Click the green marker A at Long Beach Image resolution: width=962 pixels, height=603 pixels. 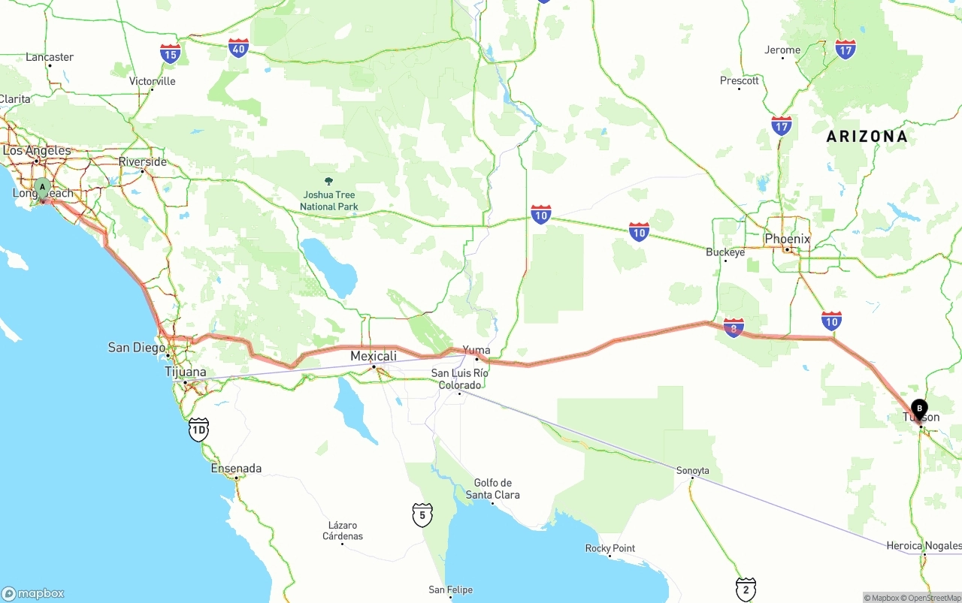pyautogui.click(x=43, y=187)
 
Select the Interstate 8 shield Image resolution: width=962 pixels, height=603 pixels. pyautogui.click(x=734, y=327)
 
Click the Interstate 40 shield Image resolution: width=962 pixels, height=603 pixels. pyautogui.click(x=239, y=48)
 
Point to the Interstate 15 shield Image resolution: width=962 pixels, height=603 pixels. pyautogui.click(x=170, y=53)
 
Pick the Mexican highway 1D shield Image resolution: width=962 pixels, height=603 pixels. pyautogui.click(x=198, y=430)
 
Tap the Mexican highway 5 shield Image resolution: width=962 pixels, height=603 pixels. pyautogui.click(x=422, y=515)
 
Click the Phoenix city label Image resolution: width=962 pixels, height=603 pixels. pyautogui.click(x=788, y=239)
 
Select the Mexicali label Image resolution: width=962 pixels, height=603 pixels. pyautogui.click(x=374, y=356)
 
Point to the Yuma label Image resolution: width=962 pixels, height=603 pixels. pyautogui.click(x=476, y=350)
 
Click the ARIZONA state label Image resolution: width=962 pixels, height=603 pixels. pyautogui.click(x=867, y=137)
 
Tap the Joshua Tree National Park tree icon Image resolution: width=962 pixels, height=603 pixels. pyautogui.click(x=328, y=181)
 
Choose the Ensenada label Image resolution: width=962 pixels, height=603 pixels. pyautogui.click(x=236, y=469)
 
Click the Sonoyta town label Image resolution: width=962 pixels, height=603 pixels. pyautogui.click(x=692, y=471)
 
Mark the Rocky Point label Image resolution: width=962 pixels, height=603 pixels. pyautogui.click(x=610, y=548)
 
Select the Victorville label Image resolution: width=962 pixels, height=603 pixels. pyautogui.click(x=153, y=81)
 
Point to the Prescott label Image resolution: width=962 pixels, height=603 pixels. pyautogui.click(x=740, y=80)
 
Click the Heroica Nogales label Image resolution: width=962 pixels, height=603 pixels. pyautogui.click(x=924, y=545)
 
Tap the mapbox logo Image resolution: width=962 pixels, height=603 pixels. pyautogui.click(x=33, y=593)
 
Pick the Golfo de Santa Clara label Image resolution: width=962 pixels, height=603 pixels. pyautogui.click(x=492, y=489)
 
